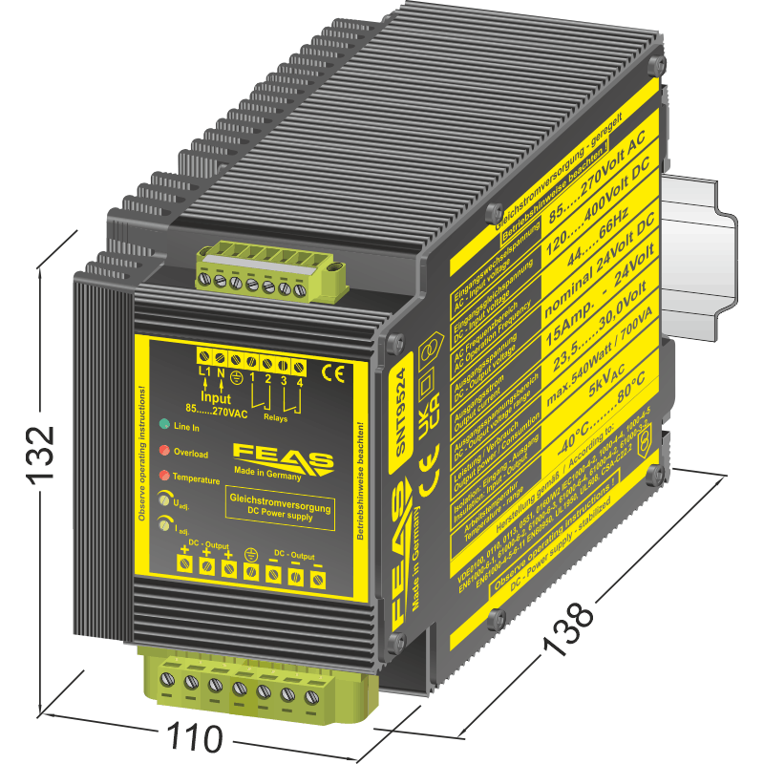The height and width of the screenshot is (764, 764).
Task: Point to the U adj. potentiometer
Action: (x=166, y=499)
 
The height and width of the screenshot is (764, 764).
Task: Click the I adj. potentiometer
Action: (x=166, y=523)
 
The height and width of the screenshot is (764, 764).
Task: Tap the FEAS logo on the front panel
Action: (x=283, y=456)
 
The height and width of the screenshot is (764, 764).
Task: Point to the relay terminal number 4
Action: (x=300, y=381)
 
